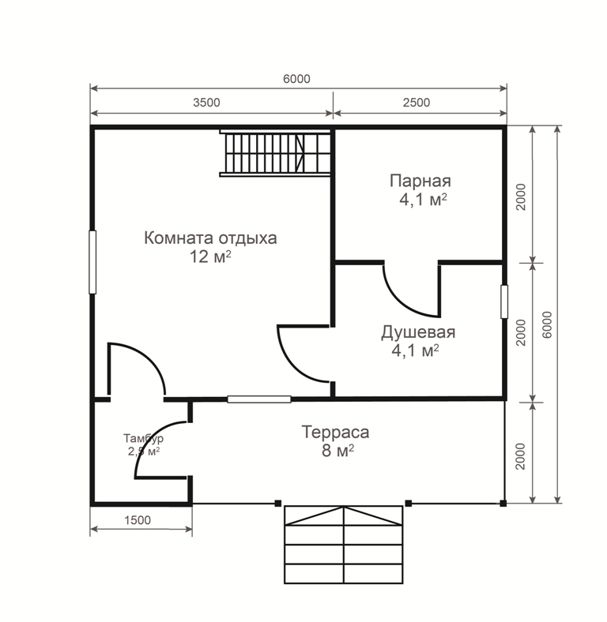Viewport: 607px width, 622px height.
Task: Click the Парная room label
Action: point(420,182)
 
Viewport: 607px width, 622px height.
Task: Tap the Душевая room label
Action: point(418,332)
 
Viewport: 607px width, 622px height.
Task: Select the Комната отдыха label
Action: point(210,238)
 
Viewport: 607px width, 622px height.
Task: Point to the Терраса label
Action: point(335,433)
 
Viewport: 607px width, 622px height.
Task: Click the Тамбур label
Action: point(143,438)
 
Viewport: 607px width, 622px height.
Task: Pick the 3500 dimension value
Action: point(206,103)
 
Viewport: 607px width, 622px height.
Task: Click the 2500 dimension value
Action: point(417,103)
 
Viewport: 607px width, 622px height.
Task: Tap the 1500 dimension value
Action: point(138,520)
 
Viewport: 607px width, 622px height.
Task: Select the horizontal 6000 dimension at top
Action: point(296,79)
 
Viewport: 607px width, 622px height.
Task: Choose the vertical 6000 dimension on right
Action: point(547,325)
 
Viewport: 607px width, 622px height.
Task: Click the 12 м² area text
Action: point(210,257)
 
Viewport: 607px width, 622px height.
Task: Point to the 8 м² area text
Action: point(338,451)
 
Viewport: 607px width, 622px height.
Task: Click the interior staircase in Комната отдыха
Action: point(275,152)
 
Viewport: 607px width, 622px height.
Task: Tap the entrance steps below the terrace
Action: point(344,545)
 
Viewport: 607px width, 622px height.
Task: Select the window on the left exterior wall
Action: point(92,262)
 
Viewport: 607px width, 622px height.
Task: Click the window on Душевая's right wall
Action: point(504,302)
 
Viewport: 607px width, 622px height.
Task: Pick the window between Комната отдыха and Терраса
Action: point(259,399)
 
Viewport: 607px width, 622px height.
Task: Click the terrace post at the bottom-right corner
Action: point(503,504)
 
